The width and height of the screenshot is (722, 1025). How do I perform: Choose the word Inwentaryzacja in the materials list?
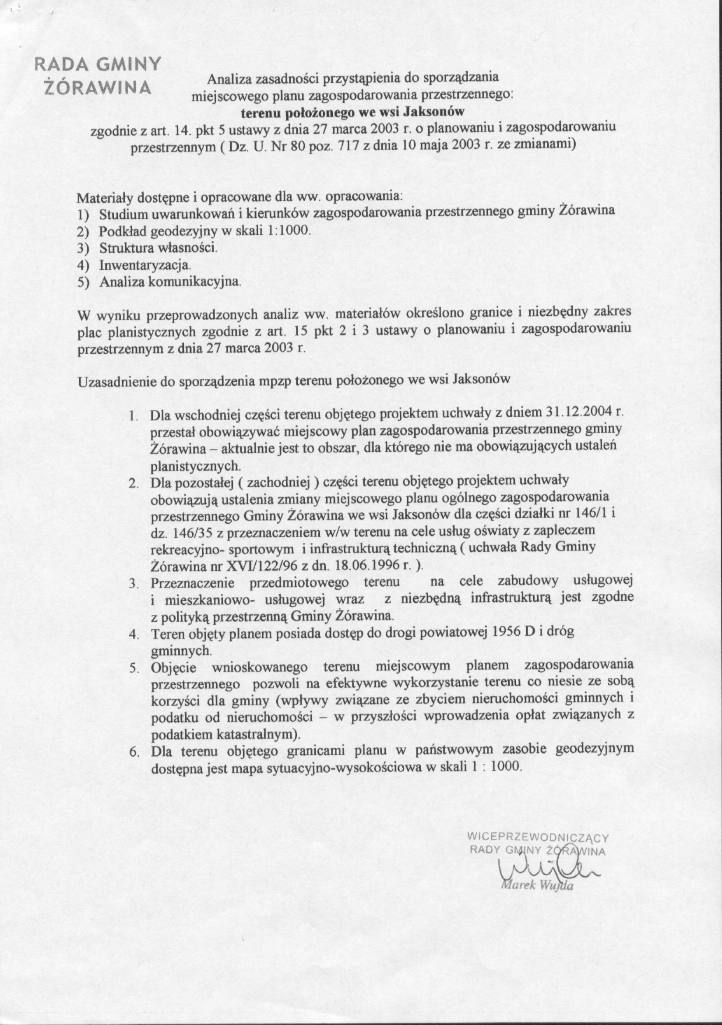[144, 265]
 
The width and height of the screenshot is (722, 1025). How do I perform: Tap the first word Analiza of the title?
[229, 79]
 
